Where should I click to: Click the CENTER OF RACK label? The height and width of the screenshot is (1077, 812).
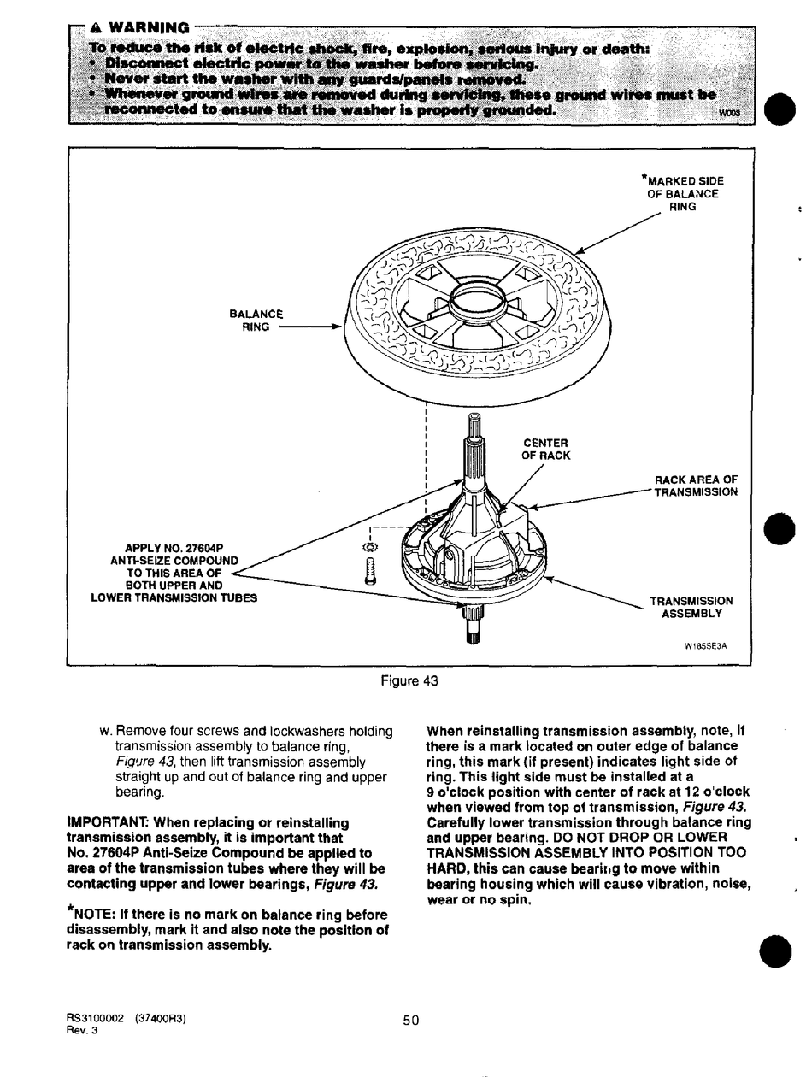click(x=544, y=449)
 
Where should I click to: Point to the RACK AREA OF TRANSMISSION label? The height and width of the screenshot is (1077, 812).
click(x=695, y=486)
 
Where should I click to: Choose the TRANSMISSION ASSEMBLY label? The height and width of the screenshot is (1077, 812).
click(x=691, y=607)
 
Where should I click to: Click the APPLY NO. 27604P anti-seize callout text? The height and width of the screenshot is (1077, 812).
click(x=174, y=573)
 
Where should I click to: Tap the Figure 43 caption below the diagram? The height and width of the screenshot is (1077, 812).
click(x=409, y=681)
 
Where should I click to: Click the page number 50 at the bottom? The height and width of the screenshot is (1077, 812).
click(x=410, y=1019)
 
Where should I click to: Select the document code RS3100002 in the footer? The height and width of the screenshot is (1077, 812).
click(x=95, y=1019)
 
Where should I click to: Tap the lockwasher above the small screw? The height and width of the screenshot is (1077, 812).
click(x=369, y=546)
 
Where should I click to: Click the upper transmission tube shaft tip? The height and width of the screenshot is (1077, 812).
click(x=474, y=421)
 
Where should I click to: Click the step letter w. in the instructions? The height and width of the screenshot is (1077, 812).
click(x=105, y=732)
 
